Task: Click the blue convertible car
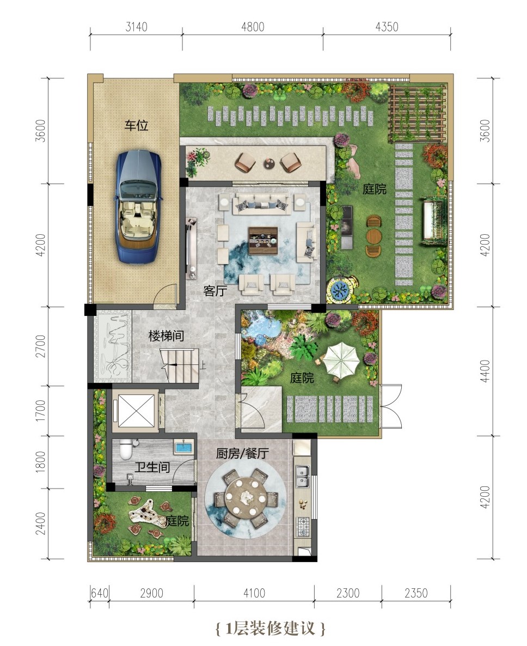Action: click(x=138, y=206)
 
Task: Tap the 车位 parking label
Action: click(x=136, y=125)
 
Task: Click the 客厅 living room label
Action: click(x=216, y=291)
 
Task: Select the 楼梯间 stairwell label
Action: click(x=167, y=336)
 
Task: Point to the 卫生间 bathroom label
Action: click(x=152, y=467)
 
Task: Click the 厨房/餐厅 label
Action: click(x=242, y=454)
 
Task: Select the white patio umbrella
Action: click(x=341, y=359)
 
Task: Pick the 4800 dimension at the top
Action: click(x=253, y=27)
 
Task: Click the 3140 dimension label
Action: click(x=136, y=27)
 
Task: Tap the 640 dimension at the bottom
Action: click(x=99, y=593)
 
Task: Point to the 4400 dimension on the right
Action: click(x=486, y=371)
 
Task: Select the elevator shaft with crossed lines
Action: click(x=136, y=410)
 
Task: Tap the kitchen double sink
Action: click(x=303, y=477)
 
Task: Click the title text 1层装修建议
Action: click(x=271, y=628)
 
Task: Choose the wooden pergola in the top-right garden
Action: click(x=418, y=113)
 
